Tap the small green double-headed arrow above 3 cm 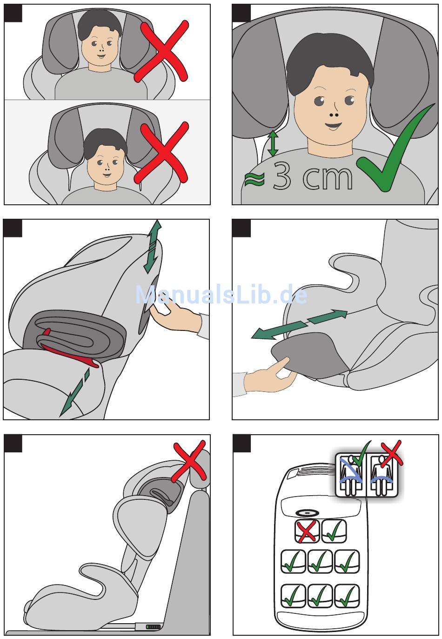[x=273, y=143]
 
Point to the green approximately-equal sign [x=254, y=179]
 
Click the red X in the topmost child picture [x=161, y=51]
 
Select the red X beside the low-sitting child [x=161, y=153]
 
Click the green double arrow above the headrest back [x=153, y=247]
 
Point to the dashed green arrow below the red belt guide [x=75, y=392]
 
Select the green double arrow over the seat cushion [x=300, y=324]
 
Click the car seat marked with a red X [x=307, y=531]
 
